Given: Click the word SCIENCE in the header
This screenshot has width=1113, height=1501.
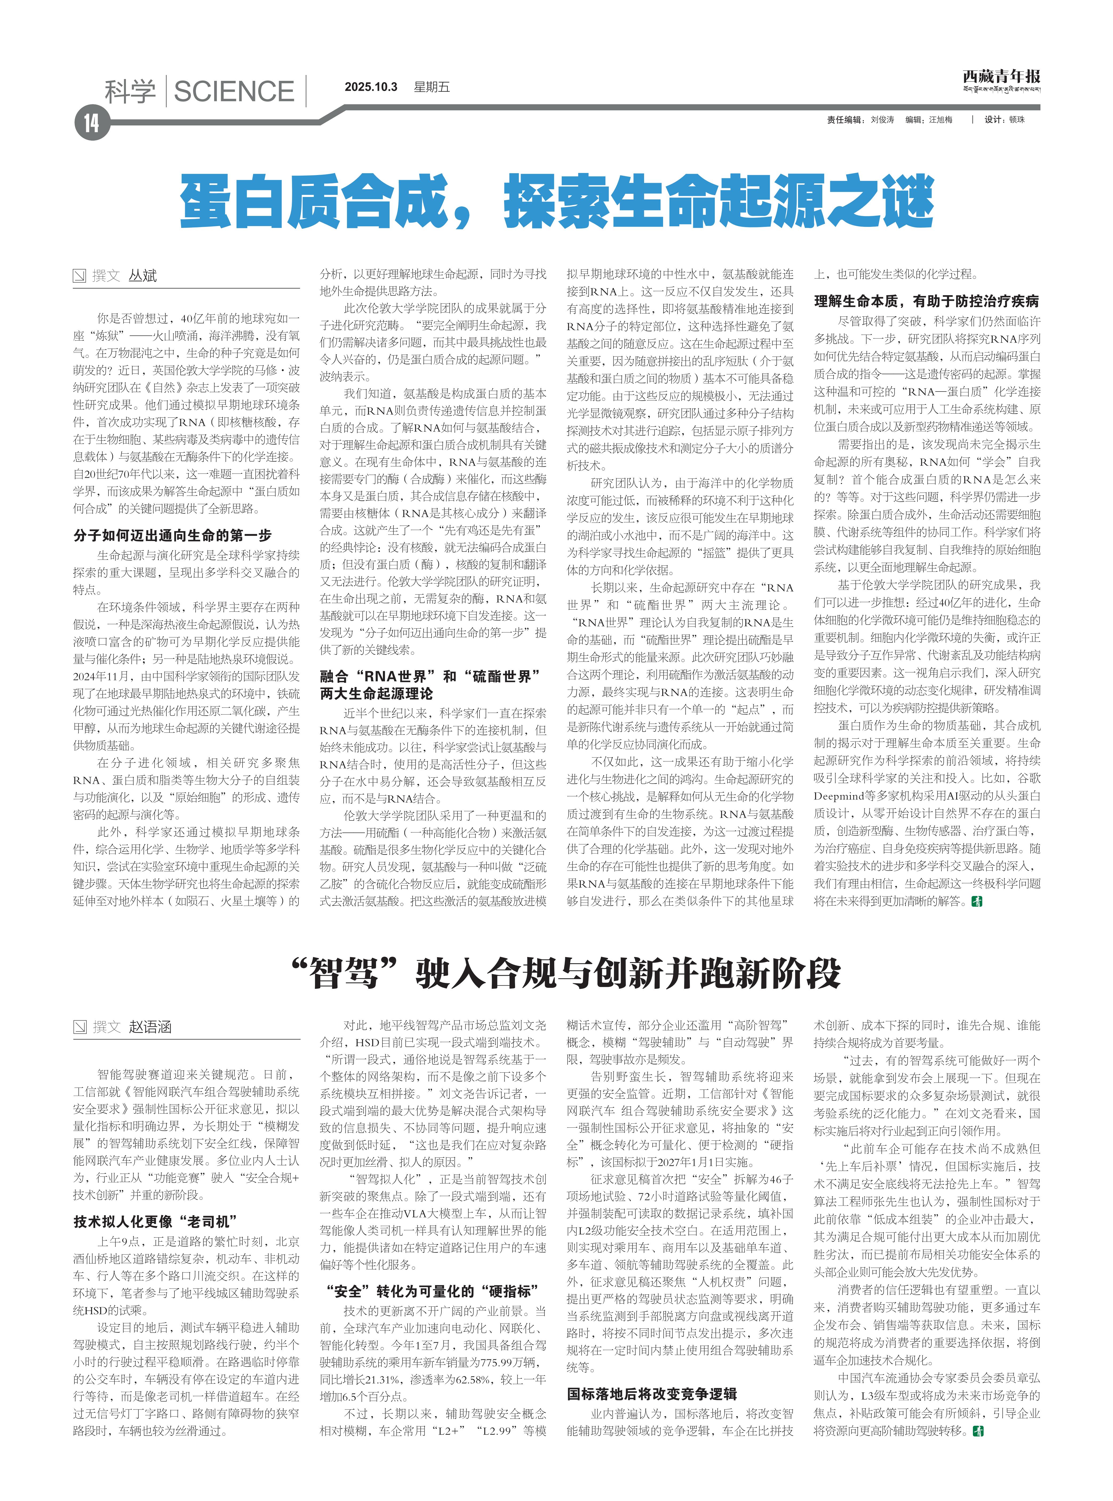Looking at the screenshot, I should point(234,92).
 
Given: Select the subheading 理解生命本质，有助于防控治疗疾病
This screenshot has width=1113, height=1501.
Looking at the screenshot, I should point(926,301).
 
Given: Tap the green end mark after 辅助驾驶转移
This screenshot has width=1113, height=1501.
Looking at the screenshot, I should point(978,1430).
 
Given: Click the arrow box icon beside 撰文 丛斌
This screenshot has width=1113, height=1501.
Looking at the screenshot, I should point(80,276).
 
